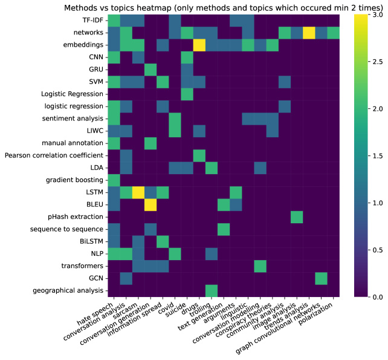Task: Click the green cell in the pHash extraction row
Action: (x=297, y=217)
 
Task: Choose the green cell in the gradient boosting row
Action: (x=114, y=180)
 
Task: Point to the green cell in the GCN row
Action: (x=321, y=278)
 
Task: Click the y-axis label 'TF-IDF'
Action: (x=91, y=21)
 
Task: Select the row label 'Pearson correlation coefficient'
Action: (x=54, y=155)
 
